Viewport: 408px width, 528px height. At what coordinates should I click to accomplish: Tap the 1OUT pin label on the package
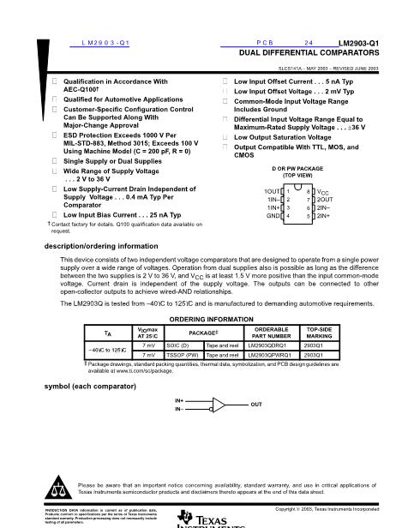(x=273, y=190)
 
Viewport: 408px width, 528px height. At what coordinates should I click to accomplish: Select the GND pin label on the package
(x=273, y=216)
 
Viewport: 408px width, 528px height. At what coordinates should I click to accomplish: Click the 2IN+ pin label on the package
(x=326, y=216)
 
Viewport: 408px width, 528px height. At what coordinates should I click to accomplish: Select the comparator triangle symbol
(x=220, y=404)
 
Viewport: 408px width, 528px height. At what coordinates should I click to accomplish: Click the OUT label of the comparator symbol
(x=256, y=403)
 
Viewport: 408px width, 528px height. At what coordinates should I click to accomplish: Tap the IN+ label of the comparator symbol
(x=179, y=399)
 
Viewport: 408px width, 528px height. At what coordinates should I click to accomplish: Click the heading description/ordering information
(x=94, y=246)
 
